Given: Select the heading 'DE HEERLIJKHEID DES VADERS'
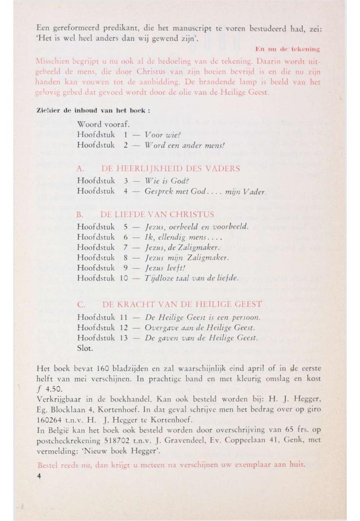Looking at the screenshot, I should pos(170,169).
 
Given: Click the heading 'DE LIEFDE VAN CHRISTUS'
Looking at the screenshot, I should pos(157,214).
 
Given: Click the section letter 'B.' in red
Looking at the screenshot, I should pos(81,214).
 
